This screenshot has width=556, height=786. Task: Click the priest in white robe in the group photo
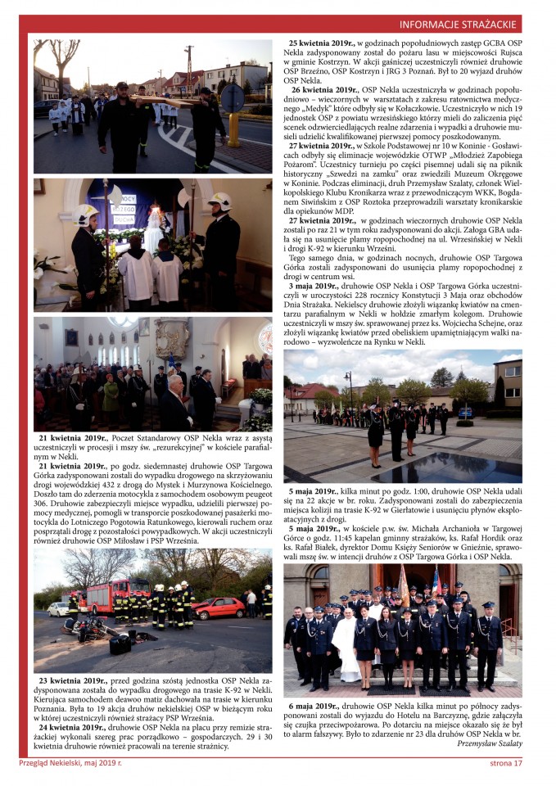346,647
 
